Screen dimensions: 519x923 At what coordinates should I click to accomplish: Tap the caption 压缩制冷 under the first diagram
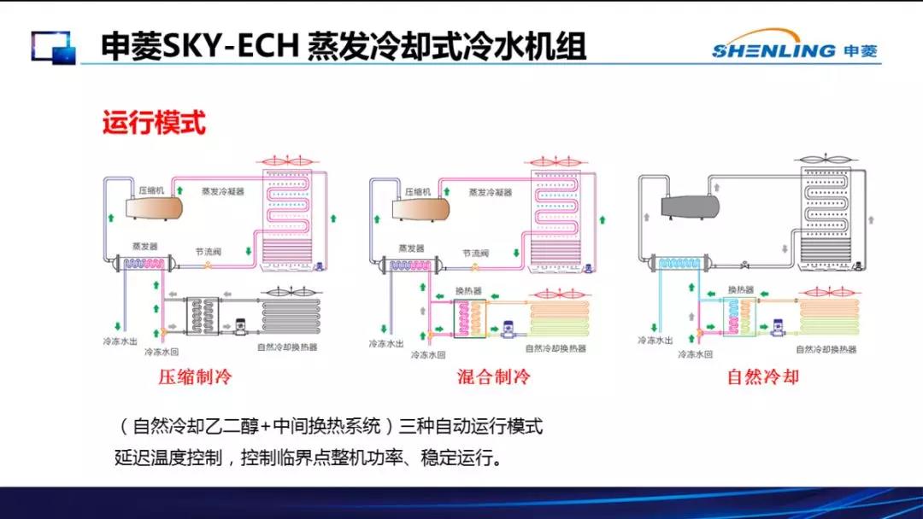coord(195,376)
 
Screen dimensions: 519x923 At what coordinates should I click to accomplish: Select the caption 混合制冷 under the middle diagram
coord(494,376)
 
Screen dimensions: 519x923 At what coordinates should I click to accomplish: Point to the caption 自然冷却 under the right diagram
coord(762,376)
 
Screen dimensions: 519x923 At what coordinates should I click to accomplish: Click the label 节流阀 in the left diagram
coord(209,253)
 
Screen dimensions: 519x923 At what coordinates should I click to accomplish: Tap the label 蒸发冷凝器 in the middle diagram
coord(490,192)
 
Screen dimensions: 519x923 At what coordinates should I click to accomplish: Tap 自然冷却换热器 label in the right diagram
coord(826,349)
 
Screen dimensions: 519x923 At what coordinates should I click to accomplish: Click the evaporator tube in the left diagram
coord(145,265)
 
